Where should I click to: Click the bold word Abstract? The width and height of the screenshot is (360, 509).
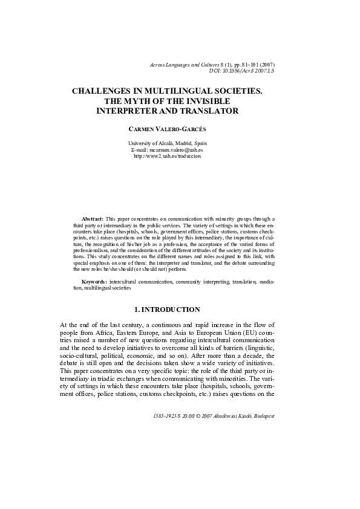click(93, 218)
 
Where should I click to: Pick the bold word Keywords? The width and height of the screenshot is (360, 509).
click(95, 282)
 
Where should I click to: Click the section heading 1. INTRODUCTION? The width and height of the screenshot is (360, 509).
click(168, 310)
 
